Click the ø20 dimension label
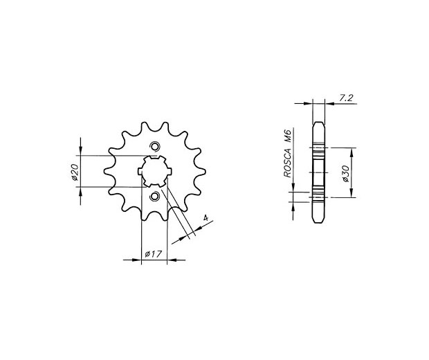pos(75,172)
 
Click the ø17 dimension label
pos(152,254)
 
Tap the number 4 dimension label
pos(206,218)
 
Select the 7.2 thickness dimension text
pos(347,98)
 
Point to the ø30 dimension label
pos(345,173)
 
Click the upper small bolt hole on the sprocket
pos(155,147)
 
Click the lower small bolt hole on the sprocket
pos(155,197)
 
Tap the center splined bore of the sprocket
pos(154,172)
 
